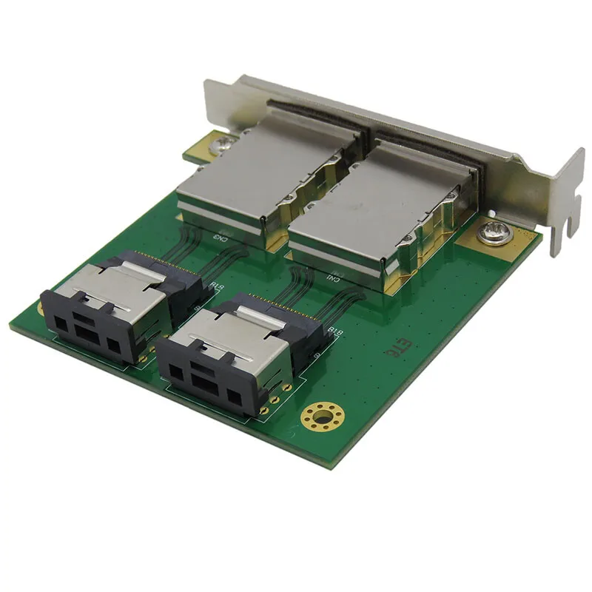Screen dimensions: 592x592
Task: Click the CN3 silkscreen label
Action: (x=221, y=237)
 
